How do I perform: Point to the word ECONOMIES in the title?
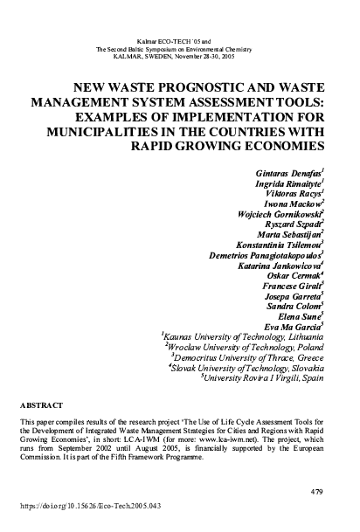[x=273, y=144]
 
